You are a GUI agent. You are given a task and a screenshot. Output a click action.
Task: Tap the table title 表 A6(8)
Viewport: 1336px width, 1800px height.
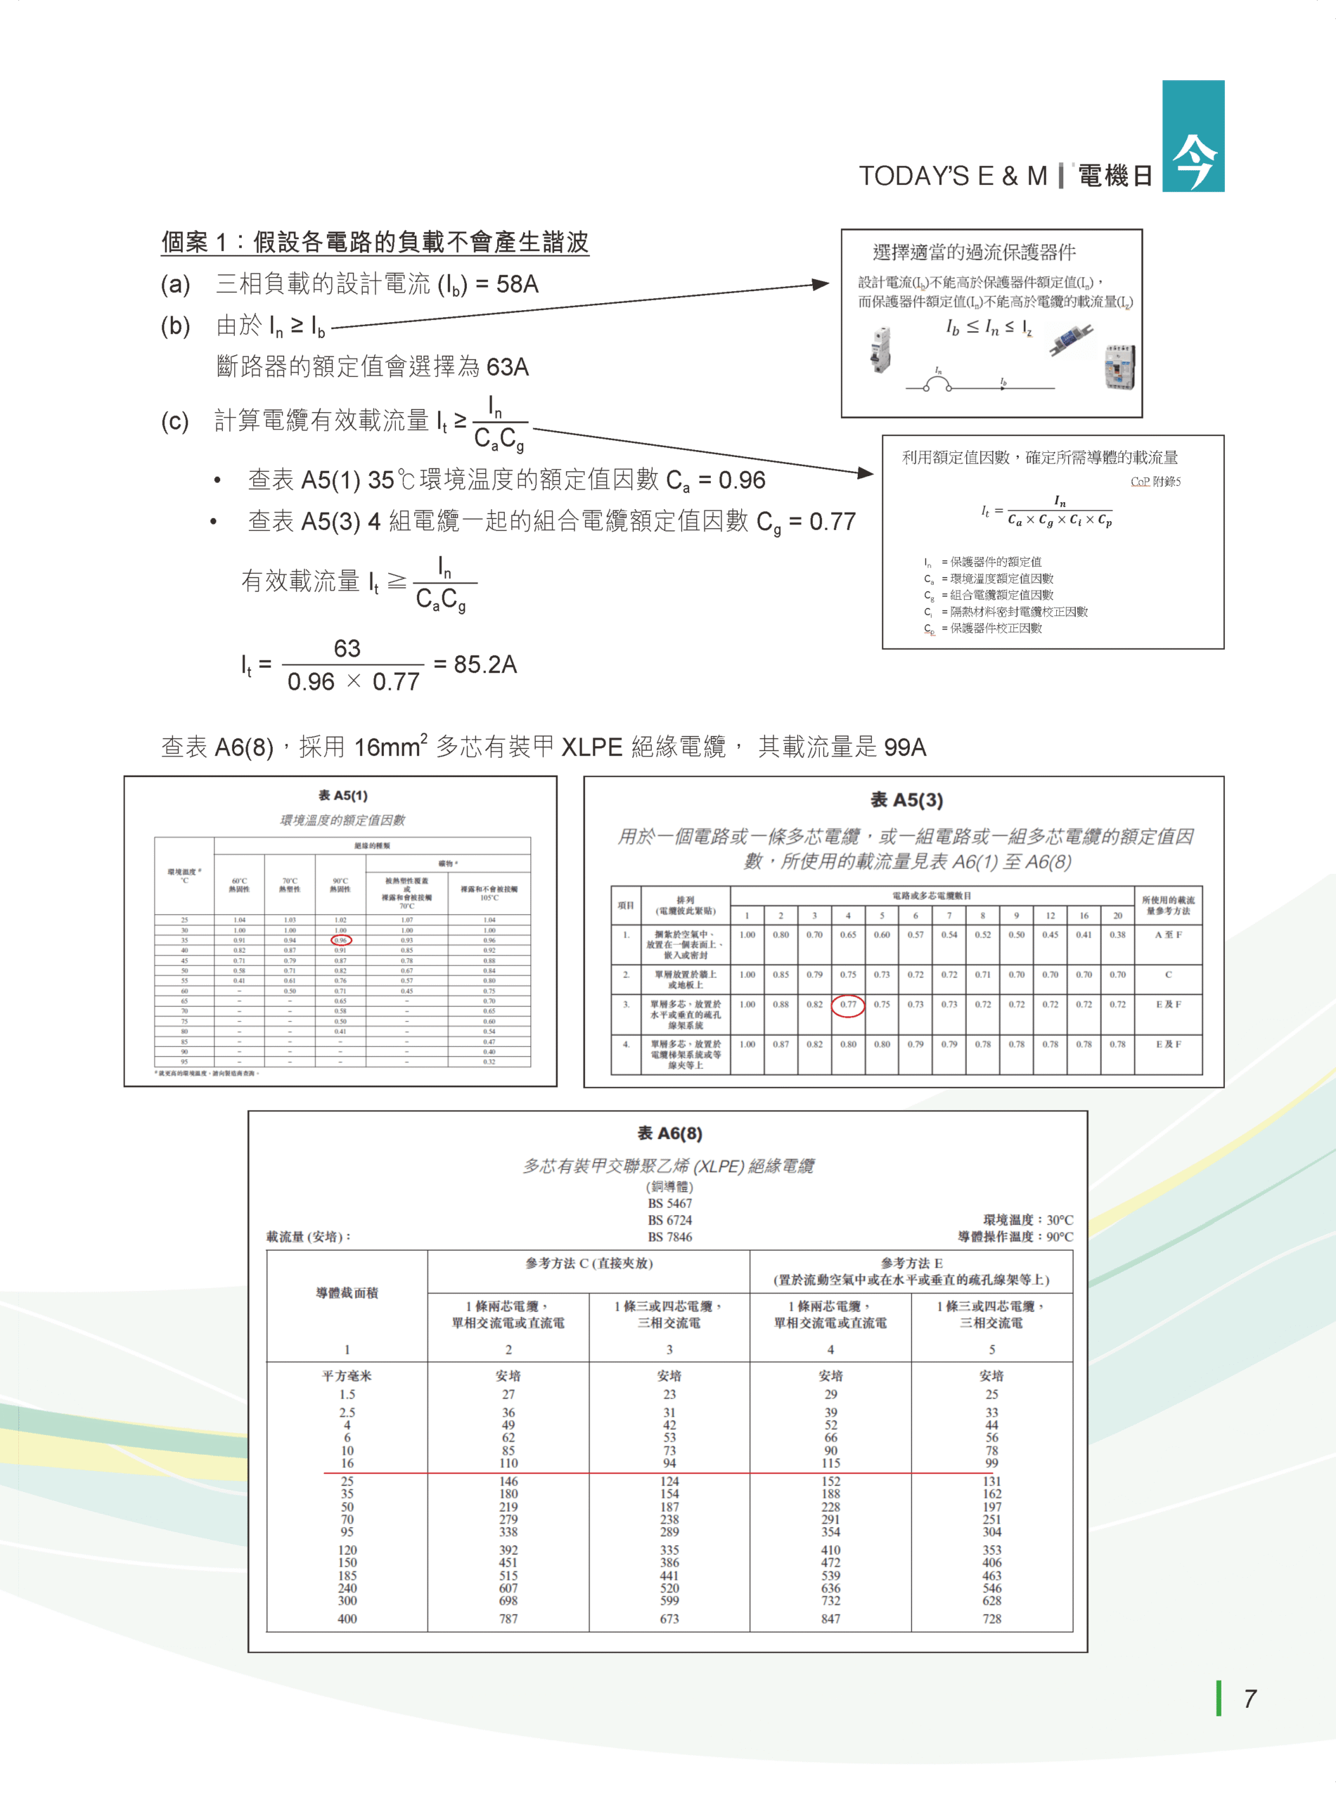669,1133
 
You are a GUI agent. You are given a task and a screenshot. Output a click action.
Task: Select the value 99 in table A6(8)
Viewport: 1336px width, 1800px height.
991,1462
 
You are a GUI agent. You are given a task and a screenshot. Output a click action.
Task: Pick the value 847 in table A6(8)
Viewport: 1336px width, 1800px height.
830,1618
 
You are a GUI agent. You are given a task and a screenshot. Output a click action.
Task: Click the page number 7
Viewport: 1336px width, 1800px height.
1250,1699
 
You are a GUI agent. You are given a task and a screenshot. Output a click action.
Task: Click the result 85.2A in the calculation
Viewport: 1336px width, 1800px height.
484,664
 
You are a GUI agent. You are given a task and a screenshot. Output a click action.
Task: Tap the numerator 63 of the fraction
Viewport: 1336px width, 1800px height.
347,648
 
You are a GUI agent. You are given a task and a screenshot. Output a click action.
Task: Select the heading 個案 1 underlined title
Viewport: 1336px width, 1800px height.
375,242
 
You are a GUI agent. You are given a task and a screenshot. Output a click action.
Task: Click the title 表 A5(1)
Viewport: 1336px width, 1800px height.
342,796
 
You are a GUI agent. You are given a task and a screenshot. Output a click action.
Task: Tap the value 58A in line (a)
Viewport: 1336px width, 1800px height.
517,284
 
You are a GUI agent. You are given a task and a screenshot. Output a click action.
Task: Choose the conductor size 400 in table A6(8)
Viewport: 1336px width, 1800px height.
347,1618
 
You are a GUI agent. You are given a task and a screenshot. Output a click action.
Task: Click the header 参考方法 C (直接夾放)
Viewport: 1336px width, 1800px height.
588,1263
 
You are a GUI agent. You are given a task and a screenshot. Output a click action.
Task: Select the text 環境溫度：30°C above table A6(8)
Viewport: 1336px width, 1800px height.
1027,1219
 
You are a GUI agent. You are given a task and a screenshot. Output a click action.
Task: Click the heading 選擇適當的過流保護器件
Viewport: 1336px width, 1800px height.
974,252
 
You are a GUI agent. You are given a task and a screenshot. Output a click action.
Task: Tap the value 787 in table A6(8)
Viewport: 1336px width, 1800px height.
508,1618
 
